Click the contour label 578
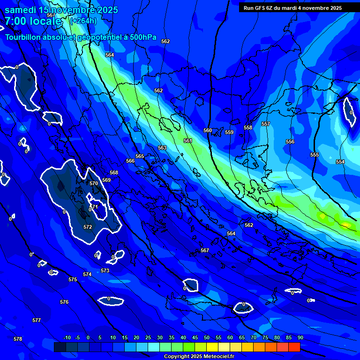point(18,339)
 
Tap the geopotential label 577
point(37,320)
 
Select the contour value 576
point(64,302)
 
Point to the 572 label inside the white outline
point(88,227)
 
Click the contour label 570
point(94,183)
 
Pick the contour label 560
point(208,130)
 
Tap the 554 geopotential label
point(340,162)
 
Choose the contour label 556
point(290,142)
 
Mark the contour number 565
point(140,156)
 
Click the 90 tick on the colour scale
point(300,337)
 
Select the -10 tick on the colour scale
point(67,337)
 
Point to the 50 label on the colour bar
point(207,337)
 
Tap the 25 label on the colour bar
point(148,337)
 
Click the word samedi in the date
point(21,10)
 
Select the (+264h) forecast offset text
point(83,21)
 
